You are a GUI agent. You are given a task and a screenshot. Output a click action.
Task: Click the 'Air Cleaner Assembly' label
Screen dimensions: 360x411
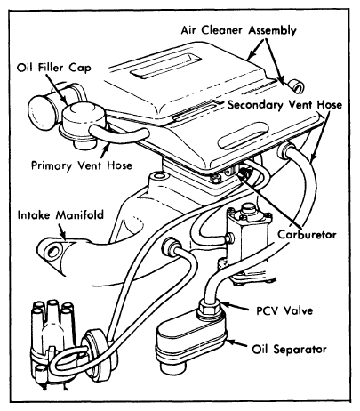238,30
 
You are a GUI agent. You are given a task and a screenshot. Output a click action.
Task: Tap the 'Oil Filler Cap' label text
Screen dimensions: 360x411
54,68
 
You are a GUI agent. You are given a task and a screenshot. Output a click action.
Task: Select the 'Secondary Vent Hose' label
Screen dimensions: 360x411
284,105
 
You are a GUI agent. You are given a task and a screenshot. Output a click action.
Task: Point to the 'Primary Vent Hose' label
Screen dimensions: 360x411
82,165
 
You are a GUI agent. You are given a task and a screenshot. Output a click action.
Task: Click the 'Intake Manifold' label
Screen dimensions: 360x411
60,214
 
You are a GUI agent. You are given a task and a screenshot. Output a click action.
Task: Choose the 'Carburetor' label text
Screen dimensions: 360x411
307,235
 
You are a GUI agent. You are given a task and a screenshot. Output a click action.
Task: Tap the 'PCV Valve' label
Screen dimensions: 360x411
284,310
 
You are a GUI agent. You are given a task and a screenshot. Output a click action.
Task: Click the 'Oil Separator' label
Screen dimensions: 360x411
290,349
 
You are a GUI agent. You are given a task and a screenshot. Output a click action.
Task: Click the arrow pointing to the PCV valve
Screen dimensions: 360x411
235,307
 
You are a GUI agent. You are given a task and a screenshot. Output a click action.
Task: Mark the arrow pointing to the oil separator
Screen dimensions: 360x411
236,343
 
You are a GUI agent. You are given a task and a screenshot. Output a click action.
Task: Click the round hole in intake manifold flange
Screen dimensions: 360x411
53,252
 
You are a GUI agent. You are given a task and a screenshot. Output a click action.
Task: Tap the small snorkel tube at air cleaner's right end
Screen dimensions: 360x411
296,86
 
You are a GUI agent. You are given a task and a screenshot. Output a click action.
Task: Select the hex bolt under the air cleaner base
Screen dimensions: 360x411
215,178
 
